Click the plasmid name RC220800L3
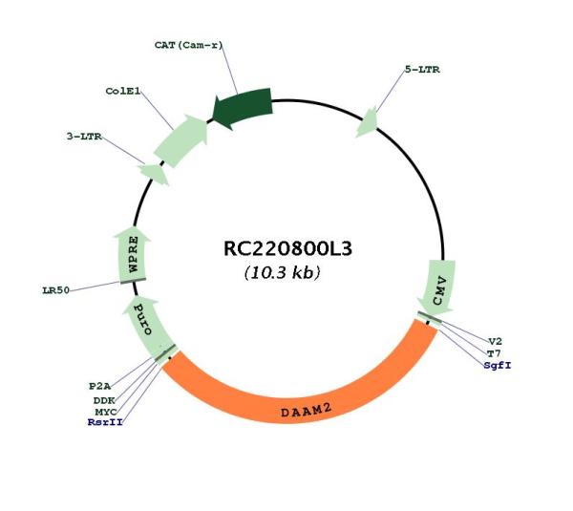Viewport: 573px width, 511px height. (x=287, y=248)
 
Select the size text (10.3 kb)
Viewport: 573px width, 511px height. (x=282, y=272)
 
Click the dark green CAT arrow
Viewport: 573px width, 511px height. (x=243, y=108)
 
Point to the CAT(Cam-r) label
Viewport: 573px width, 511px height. (x=188, y=45)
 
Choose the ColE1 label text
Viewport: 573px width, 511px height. (x=123, y=91)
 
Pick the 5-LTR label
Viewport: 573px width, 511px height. (x=422, y=70)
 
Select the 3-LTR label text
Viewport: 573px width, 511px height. (x=84, y=137)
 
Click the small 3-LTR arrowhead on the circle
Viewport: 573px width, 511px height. (x=154, y=174)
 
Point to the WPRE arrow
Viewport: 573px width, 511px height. (x=133, y=254)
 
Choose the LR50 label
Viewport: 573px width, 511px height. (x=56, y=290)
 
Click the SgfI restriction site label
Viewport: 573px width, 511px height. (x=498, y=365)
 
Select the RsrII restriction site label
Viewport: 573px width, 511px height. (x=105, y=422)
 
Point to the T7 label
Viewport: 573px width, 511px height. (x=494, y=353)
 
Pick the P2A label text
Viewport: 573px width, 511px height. (x=99, y=386)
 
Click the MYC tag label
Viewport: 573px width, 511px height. (x=106, y=412)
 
